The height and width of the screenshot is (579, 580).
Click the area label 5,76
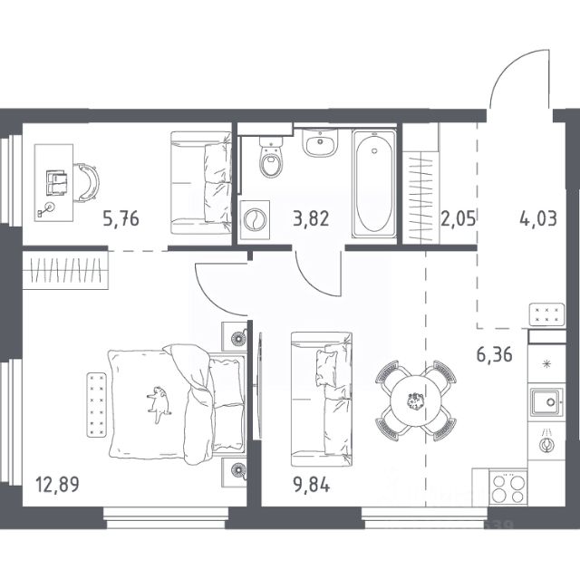click(121, 219)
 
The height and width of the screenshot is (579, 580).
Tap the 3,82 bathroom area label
click(311, 219)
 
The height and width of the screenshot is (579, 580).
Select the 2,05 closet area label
click(458, 219)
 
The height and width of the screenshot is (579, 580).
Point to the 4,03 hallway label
click(538, 219)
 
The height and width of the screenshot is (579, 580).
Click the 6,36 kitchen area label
click(494, 354)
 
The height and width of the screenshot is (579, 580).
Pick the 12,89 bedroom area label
click(57, 485)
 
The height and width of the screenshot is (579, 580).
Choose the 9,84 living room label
click(312, 485)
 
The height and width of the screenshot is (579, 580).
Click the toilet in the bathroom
click(271, 157)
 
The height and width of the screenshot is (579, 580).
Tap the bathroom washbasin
click(320, 142)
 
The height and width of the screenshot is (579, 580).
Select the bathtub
click(373, 183)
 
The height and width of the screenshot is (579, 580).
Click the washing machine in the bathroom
click(255, 219)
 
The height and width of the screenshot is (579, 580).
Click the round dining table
click(416, 400)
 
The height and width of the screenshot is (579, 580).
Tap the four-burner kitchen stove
click(508, 487)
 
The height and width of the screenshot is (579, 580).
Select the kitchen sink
click(546, 402)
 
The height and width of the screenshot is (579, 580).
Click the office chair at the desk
click(87, 183)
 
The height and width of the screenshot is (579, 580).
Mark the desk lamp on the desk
click(46, 209)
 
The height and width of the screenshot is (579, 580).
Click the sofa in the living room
click(321, 400)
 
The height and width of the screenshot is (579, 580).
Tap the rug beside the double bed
click(97, 405)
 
